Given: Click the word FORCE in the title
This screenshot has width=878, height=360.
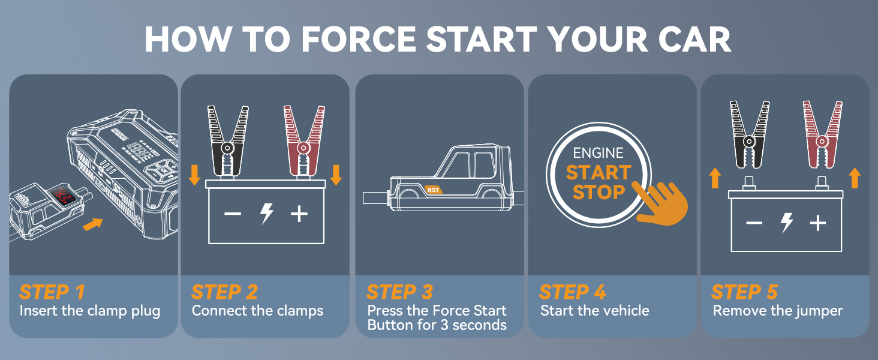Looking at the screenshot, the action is point(358,39).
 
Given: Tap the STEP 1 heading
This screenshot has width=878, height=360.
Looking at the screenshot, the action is point(52,292).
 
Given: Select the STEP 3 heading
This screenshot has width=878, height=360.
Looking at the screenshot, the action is point(399,292).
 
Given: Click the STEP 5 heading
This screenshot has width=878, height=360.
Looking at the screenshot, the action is point(744,292).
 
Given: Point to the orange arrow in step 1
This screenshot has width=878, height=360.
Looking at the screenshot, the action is point(93,224).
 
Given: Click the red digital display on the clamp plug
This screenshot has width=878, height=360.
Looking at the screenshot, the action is point(62,196).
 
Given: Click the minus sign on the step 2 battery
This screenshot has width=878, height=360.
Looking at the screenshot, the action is point(233,214).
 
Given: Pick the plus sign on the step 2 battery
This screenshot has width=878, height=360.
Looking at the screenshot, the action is point(299,214).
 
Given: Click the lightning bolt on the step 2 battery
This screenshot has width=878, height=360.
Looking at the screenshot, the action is point(267,214).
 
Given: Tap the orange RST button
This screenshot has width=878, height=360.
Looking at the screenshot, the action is point(433,190).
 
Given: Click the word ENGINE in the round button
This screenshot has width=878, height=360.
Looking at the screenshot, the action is point(598,153).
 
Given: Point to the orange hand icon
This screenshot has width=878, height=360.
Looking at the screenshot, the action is point(663,204).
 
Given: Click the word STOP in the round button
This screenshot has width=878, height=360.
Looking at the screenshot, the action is point(599,192).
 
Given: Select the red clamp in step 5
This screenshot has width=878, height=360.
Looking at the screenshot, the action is point(822,135).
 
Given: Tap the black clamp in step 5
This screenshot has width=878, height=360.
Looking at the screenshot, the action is point(750,135).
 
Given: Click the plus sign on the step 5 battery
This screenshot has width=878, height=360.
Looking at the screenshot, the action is point(818,223).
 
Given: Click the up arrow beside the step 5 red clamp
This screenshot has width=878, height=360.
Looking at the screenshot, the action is point(855,178).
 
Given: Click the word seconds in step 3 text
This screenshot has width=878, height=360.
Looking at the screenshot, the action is point(479,325).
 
